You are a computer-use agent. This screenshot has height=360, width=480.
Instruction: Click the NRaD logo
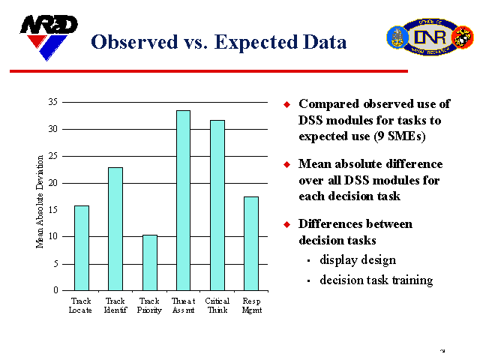[48, 36]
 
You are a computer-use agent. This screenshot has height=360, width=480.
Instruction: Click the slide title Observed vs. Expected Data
[218, 42]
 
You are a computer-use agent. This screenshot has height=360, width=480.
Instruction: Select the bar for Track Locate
[81, 247]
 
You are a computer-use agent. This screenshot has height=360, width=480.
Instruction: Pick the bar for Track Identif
[115, 229]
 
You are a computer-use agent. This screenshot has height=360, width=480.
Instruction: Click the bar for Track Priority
[149, 262]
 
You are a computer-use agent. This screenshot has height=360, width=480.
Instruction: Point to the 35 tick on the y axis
[52, 102]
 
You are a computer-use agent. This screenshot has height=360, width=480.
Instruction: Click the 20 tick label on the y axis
[52, 183]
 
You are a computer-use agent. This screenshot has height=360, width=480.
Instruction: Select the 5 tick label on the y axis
[55, 264]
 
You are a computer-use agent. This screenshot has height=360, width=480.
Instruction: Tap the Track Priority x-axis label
[149, 305]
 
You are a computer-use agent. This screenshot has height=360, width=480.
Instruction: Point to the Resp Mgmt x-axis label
[251, 305]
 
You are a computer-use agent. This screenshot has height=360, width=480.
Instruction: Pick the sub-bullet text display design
[358, 260]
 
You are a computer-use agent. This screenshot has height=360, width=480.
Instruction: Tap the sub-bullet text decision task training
[376, 280]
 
